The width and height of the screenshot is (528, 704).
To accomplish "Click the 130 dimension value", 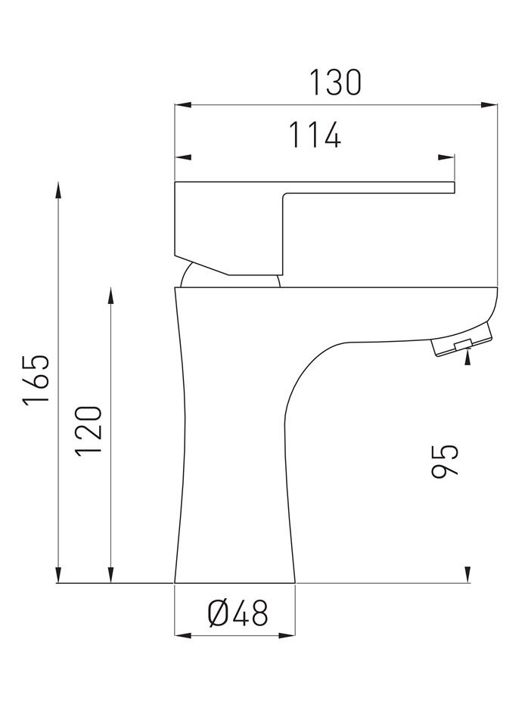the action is pos(335,82).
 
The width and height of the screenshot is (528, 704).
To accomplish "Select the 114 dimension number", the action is pos(314,135).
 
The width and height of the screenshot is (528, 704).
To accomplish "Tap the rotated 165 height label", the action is pos(36,380).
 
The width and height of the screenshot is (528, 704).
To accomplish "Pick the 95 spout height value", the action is pos(445,461).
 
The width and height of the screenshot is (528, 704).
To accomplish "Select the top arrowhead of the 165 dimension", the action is pos(58,190).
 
